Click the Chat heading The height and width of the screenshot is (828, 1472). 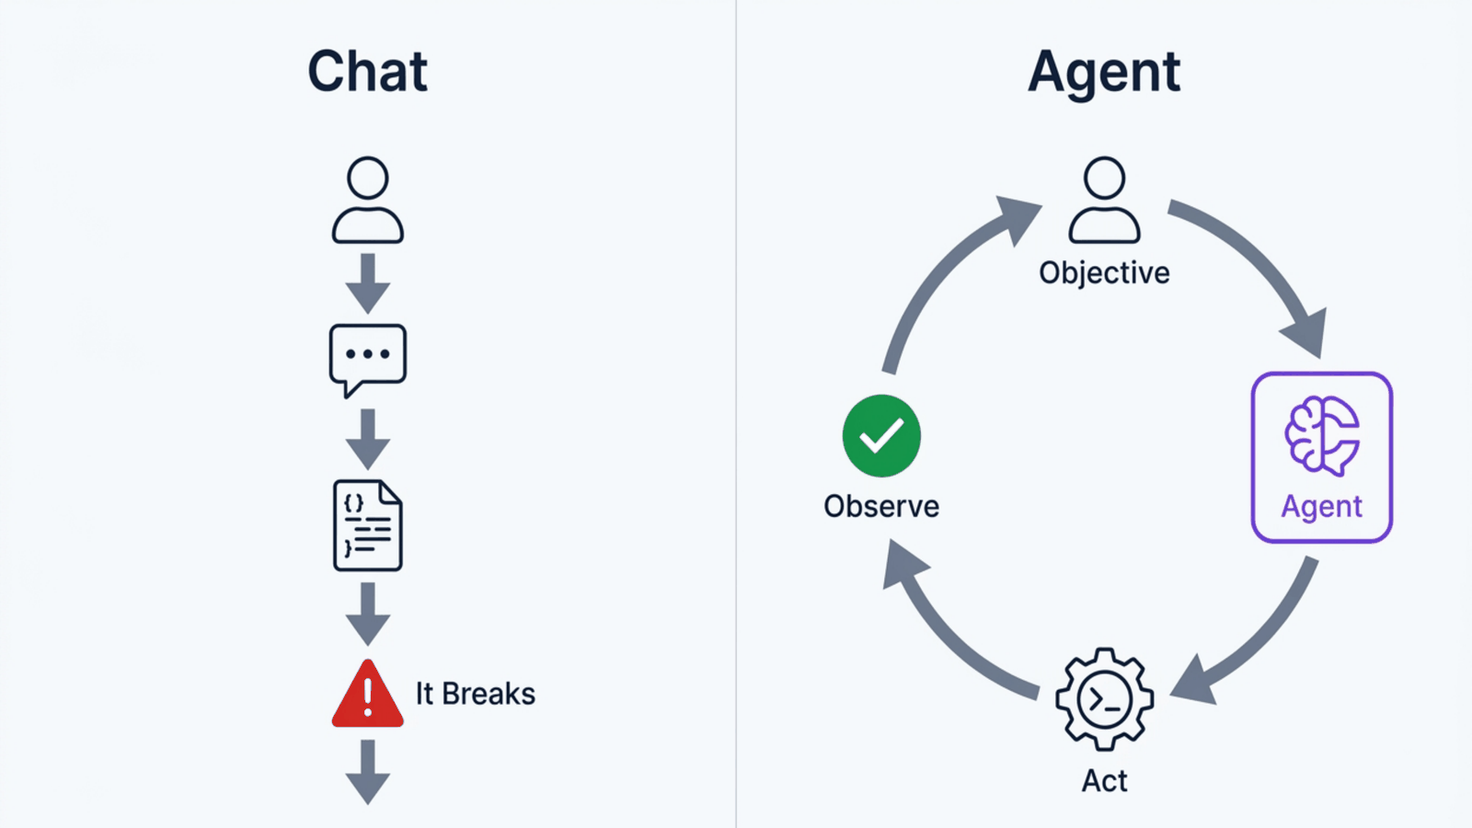point(368,71)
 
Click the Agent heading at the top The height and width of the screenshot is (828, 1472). point(1104,74)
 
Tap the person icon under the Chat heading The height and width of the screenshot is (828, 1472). point(367,200)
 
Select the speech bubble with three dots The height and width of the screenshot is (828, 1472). point(367,360)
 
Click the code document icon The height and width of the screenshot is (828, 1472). point(367,525)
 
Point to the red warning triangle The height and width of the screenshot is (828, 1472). point(367,694)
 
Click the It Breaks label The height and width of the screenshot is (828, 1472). point(475,694)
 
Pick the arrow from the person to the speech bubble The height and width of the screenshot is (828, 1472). point(368,284)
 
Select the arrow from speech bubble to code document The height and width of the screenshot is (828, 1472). point(368,440)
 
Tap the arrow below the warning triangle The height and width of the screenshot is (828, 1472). point(368,772)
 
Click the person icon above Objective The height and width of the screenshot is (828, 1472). point(1104,200)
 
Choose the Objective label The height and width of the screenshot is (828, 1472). point(1104,273)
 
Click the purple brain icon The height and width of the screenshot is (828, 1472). point(1322,435)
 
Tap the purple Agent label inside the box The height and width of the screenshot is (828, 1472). point(1321,507)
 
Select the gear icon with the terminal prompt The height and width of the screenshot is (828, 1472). point(1105,699)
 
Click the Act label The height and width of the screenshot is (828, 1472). point(1105,781)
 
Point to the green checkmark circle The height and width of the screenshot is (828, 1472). point(881,436)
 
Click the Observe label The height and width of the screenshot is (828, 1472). point(881,507)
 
